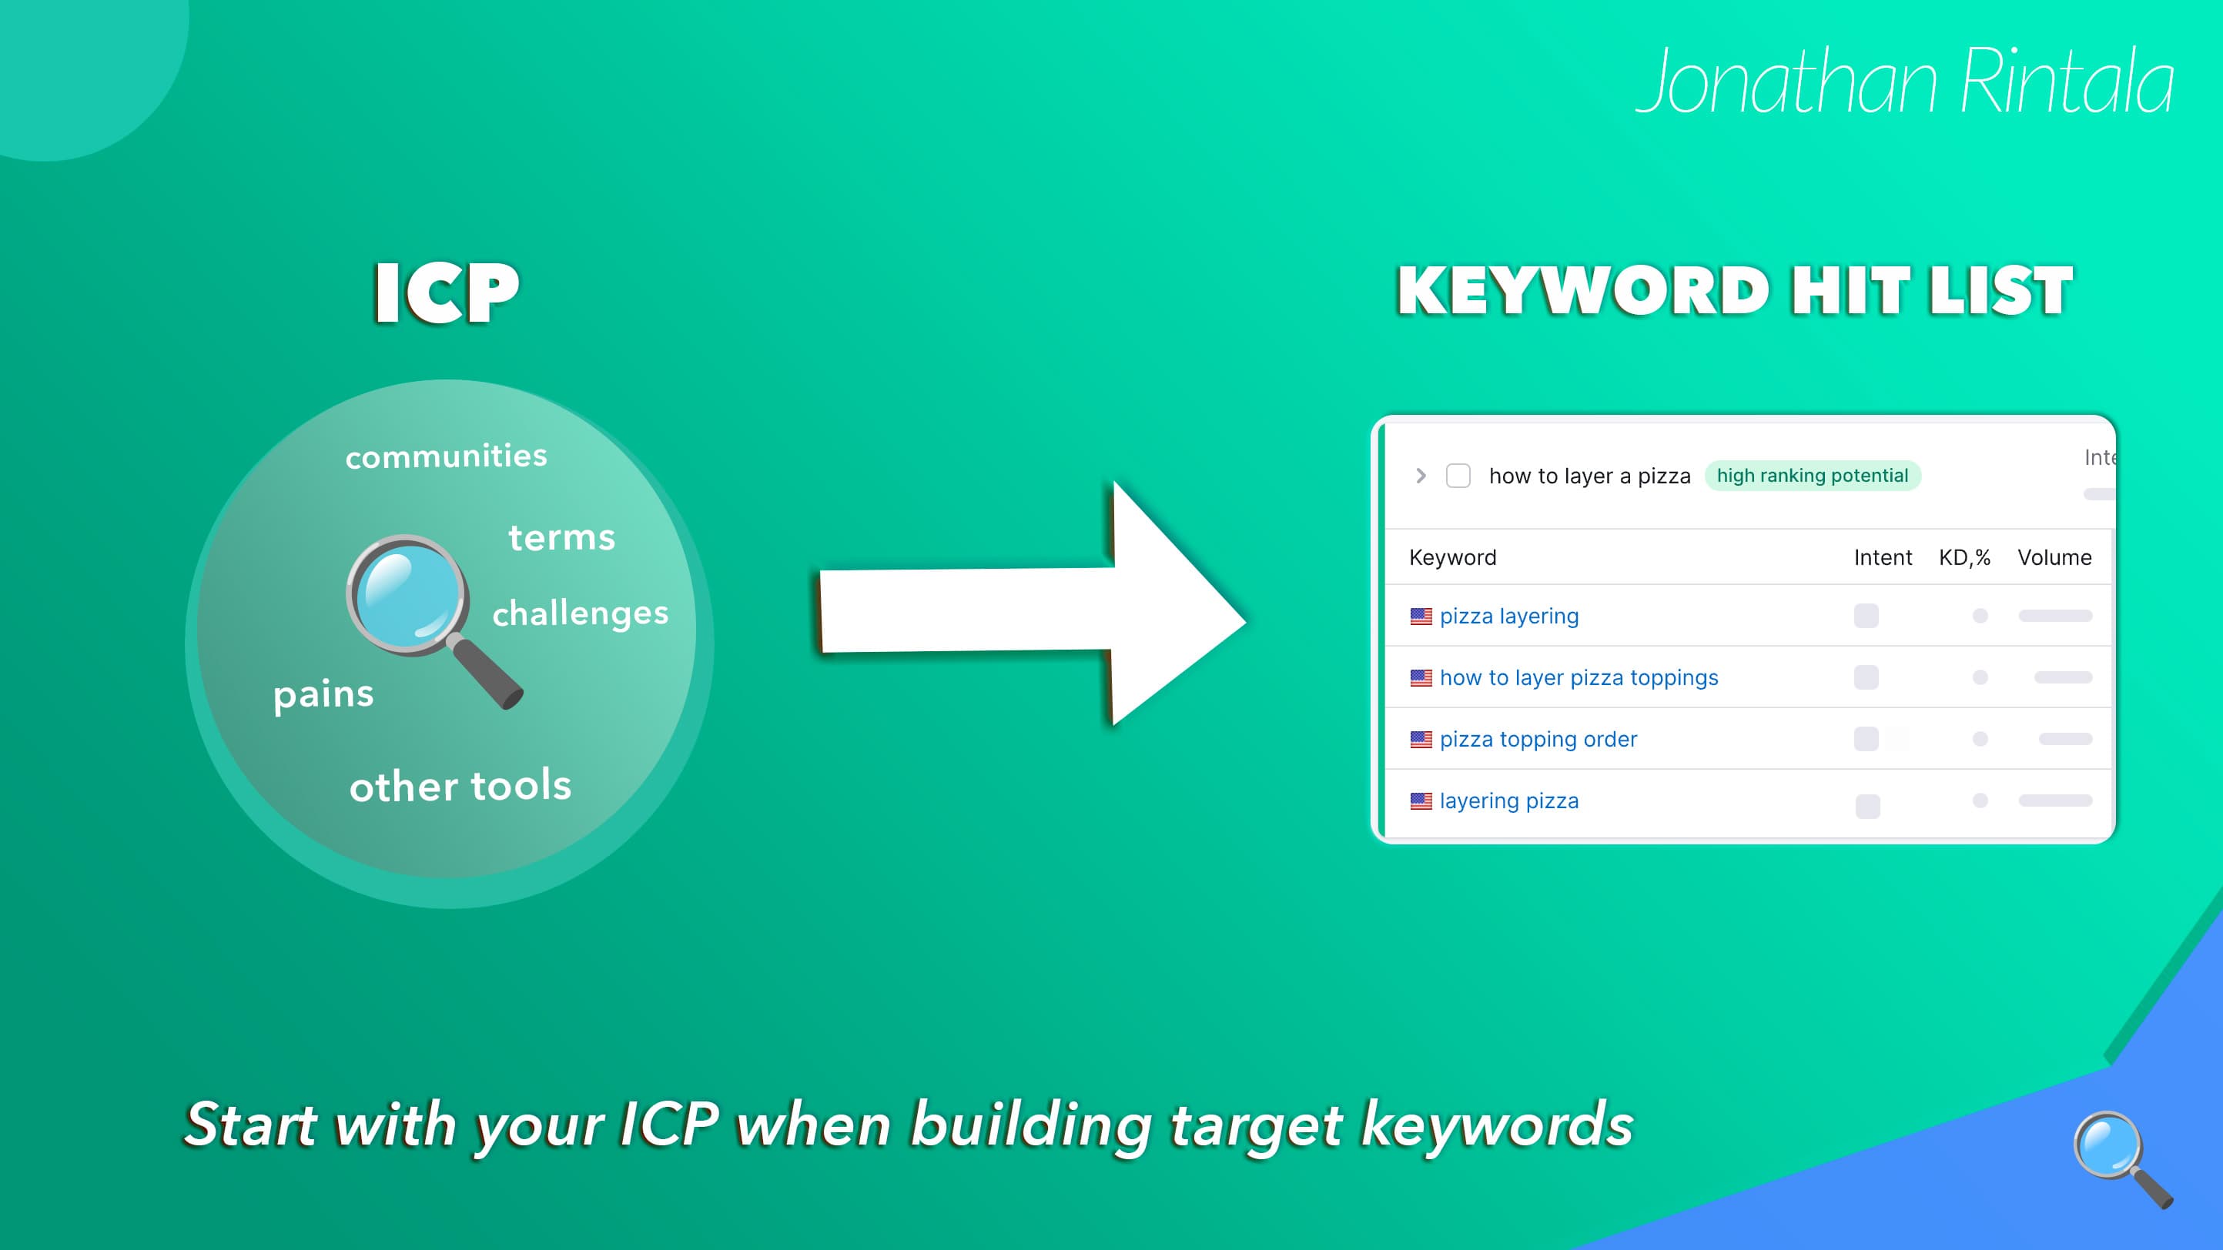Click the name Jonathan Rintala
coord(1904,82)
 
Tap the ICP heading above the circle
coord(446,293)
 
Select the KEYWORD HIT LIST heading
coord(1735,291)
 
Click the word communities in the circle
coord(446,456)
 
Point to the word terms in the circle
coord(562,537)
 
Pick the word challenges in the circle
coord(580,613)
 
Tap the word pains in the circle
coord(323,694)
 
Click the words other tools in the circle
coord(460,786)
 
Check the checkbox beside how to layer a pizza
coord(1458,476)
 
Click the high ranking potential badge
coord(1813,476)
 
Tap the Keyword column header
coord(1452,557)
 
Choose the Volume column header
coord(2054,557)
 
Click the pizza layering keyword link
coord(1508,616)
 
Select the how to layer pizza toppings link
coord(1579,677)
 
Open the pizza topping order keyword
coord(1538,740)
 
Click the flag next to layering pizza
coord(1421,801)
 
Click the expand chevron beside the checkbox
coord(1421,476)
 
